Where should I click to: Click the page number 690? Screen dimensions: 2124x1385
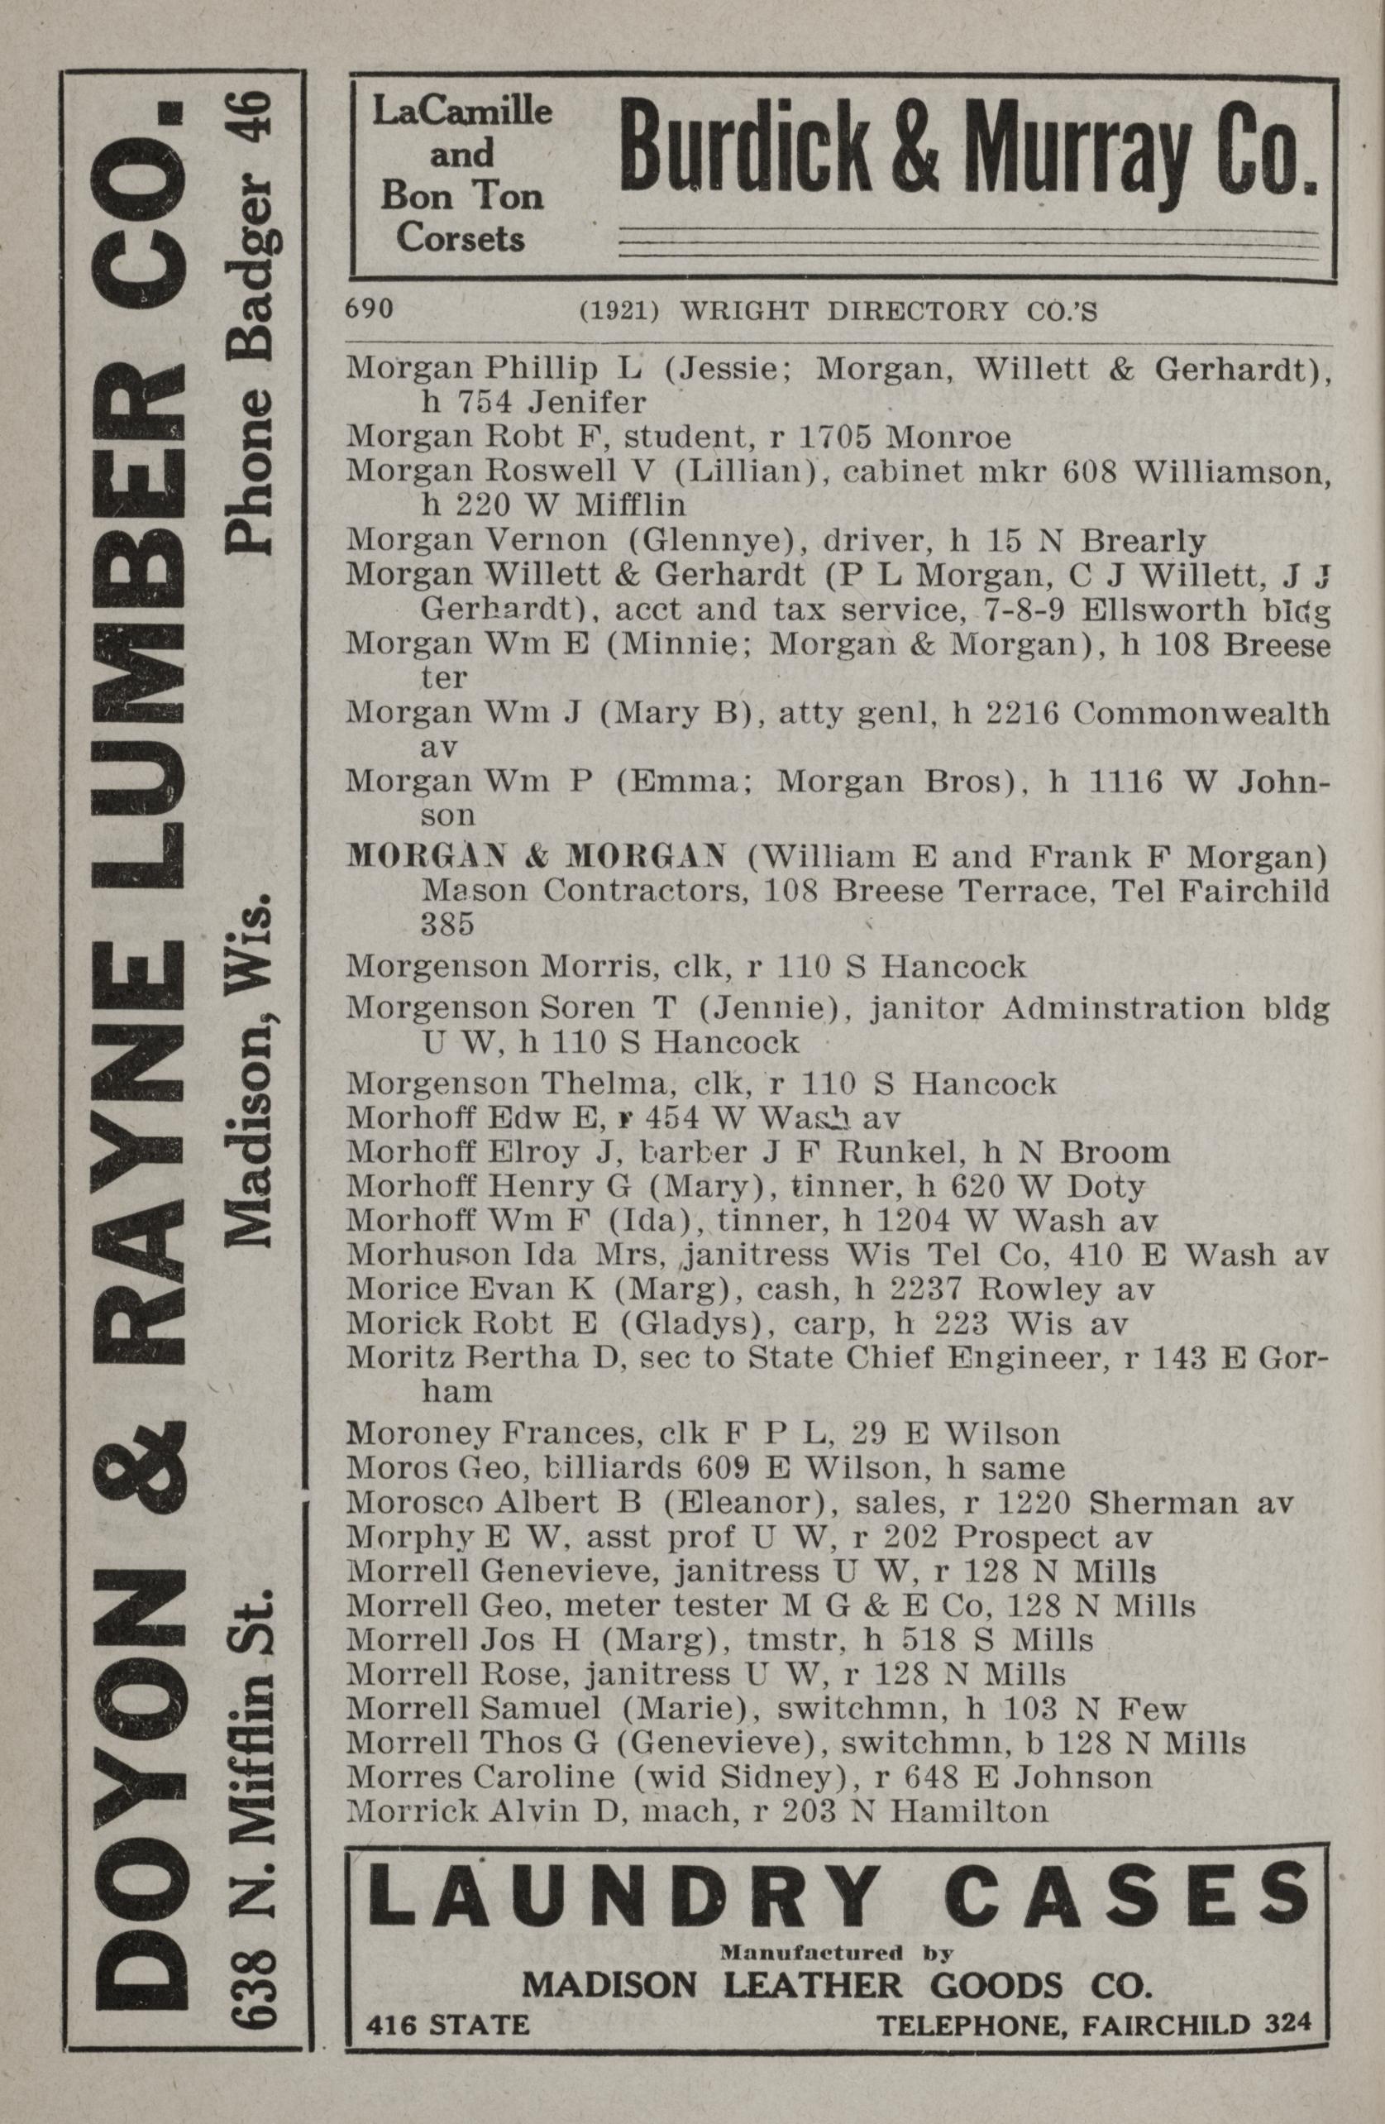pyautogui.click(x=369, y=309)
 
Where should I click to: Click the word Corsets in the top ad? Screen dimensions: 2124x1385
pyautogui.click(x=461, y=238)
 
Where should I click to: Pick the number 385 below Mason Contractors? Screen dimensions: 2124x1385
pyautogui.click(x=447, y=925)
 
